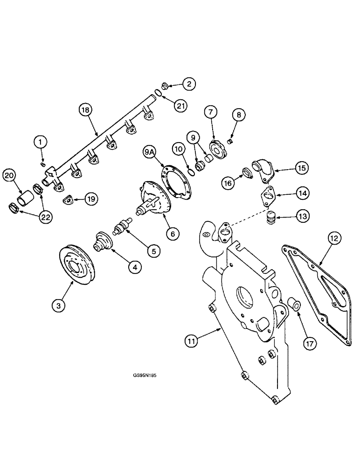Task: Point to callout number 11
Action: pyautogui.click(x=192, y=341)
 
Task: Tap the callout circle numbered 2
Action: pyautogui.click(x=188, y=84)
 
